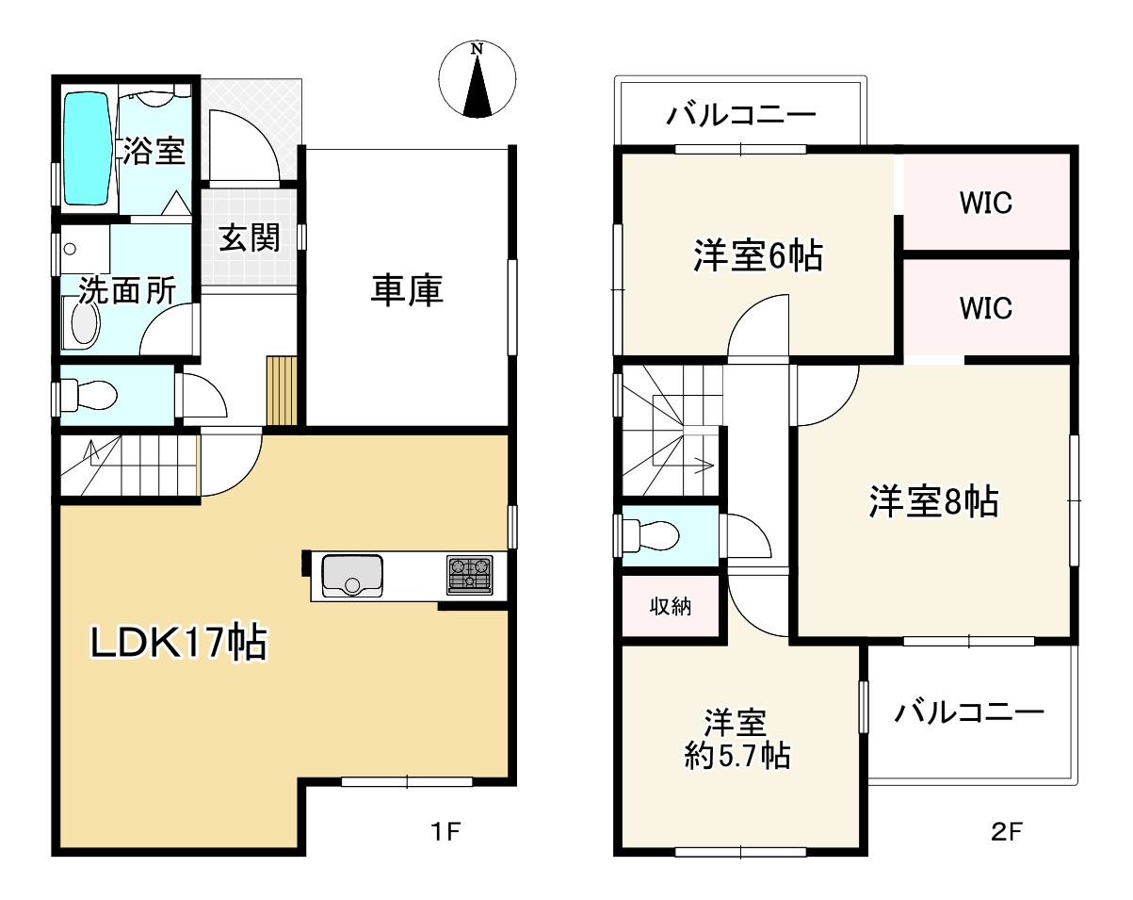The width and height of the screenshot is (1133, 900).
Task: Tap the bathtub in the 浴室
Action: [88, 148]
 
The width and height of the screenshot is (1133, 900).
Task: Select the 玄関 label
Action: [250, 237]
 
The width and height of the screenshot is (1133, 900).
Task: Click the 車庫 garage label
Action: [407, 290]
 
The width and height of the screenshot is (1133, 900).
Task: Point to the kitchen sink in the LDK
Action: [352, 575]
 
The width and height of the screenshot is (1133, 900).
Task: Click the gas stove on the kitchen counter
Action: [469, 574]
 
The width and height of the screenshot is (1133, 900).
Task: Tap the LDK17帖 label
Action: [179, 644]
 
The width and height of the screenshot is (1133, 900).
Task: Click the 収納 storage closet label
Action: [671, 607]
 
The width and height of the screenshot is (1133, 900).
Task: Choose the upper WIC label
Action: [986, 203]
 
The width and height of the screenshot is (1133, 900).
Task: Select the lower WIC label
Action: [986, 308]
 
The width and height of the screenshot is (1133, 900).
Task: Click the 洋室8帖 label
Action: [933, 502]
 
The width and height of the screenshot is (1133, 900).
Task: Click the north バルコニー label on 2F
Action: [741, 117]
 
